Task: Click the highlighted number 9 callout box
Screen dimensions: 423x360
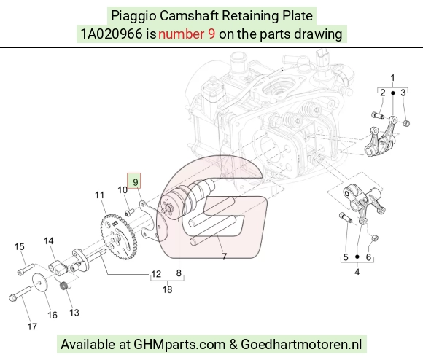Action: click(133, 181)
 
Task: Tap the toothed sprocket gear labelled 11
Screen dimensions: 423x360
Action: click(119, 237)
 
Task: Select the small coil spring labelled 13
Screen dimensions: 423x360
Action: click(64, 286)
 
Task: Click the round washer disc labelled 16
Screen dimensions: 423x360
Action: click(40, 283)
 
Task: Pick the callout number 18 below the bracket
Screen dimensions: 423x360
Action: click(167, 289)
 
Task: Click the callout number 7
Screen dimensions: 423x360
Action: click(224, 257)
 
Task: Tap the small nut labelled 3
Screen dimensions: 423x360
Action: click(406, 123)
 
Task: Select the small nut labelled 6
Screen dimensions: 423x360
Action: click(374, 238)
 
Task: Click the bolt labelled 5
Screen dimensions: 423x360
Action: click(345, 217)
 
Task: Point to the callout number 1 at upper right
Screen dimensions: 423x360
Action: click(393, 78)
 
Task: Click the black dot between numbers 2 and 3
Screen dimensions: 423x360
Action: click(393, 93)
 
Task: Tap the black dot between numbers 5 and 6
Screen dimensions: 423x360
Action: click(357, 257)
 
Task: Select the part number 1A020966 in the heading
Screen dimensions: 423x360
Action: click(112, 34)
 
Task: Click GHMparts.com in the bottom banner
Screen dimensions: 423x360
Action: click(179, 345)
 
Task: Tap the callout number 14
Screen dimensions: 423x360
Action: click(49, 241)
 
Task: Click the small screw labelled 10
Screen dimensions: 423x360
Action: click(130, 212)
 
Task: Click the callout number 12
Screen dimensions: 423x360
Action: click(156, 274)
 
